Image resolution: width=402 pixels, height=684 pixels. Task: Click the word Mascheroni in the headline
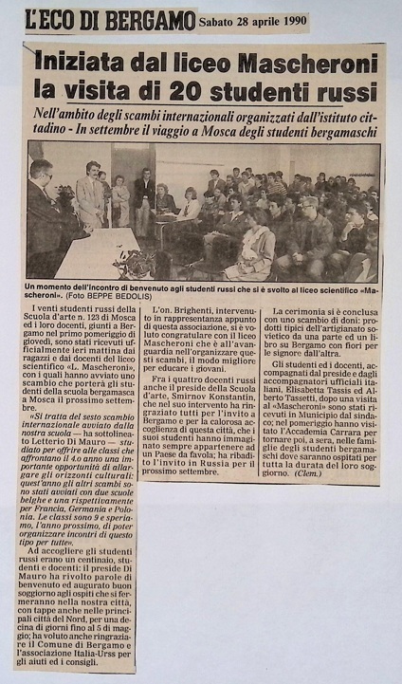pos(306,64)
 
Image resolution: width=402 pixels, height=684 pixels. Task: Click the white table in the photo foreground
pos(90,253)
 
